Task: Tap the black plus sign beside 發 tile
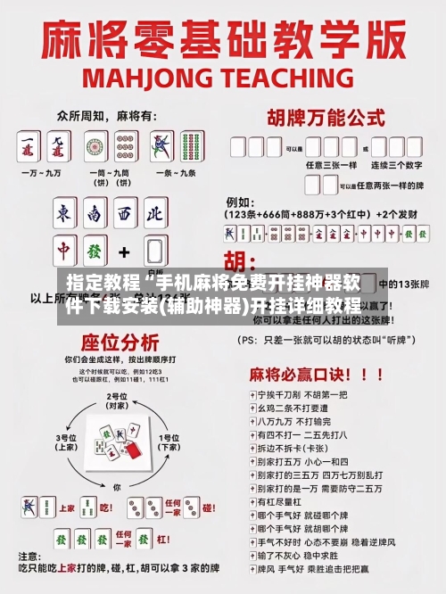tap(124, 252)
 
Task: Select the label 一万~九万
tap(41, 171)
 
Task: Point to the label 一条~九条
tap(174, 171)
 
